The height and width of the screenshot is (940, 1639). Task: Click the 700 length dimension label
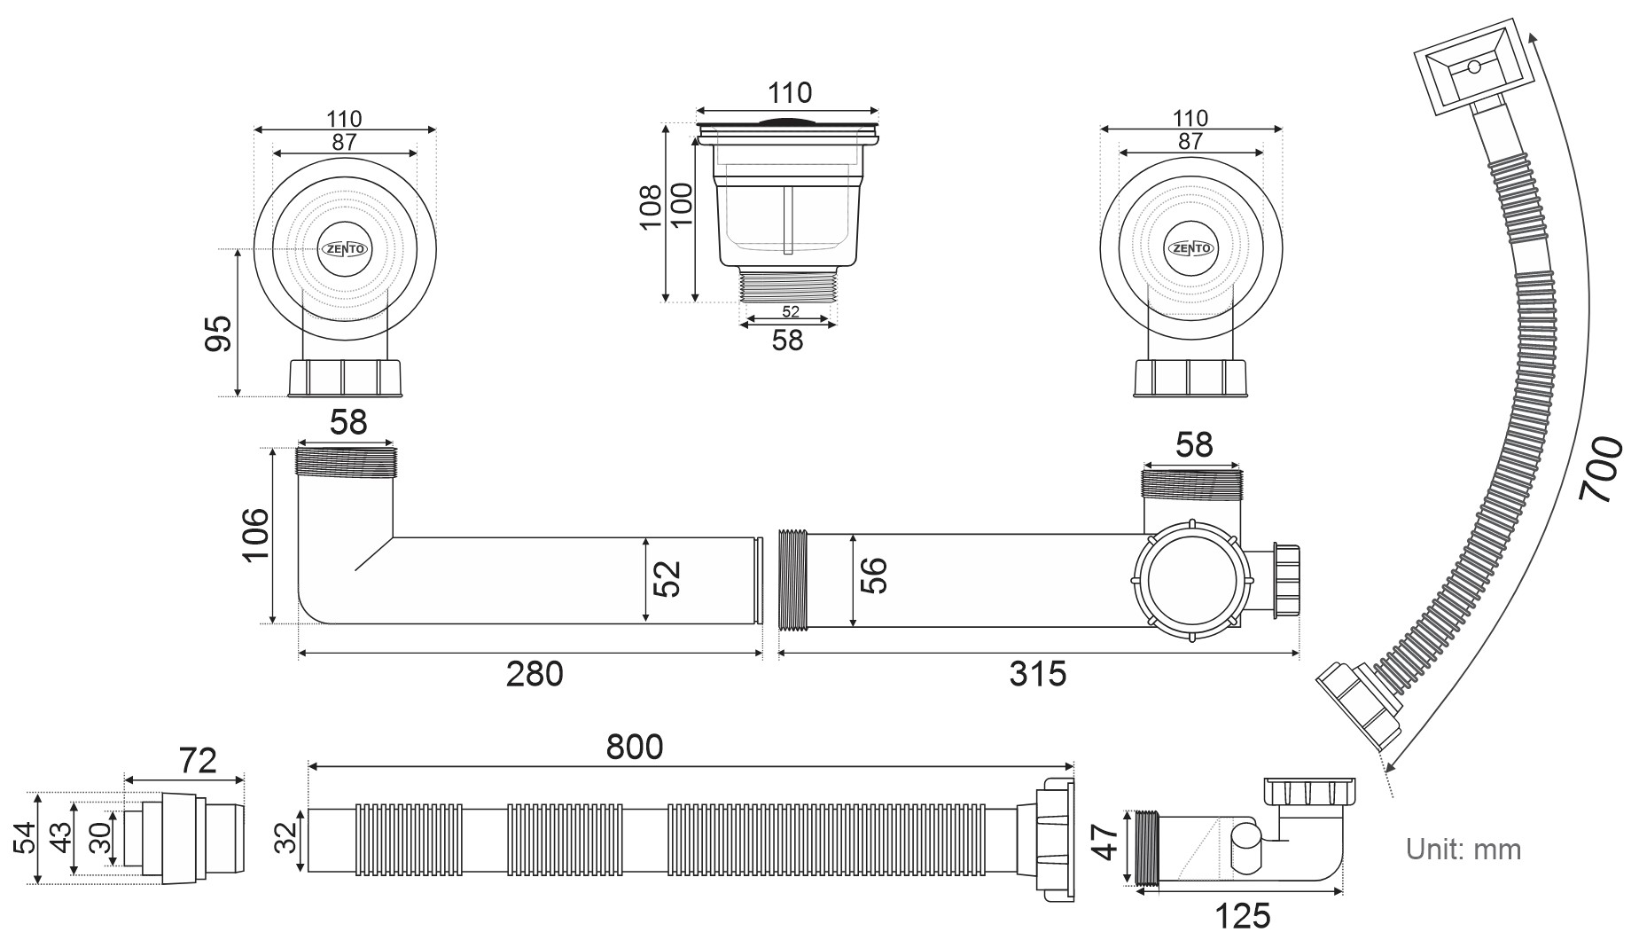tap(1601, 470)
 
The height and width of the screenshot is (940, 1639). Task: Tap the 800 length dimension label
tap(634, 747)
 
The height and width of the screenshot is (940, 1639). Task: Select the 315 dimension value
tap(1037, 674)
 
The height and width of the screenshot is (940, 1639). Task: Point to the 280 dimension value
tap(534, 674)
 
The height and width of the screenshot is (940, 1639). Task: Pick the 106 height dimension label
tap(256, 534)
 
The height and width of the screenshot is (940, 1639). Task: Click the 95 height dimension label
tap(218, 333)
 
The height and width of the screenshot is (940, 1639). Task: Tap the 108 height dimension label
tap(651, 207)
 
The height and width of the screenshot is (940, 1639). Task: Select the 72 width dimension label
tap(197, 761)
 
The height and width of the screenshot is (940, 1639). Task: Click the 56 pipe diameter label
tap(873, 576)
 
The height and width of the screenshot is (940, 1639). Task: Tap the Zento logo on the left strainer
tap(344, 249)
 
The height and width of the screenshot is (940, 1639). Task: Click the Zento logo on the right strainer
tap(1190, 248)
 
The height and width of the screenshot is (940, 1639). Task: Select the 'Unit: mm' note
tap(1463, 849)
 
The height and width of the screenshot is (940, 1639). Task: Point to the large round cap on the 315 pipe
tap(1190, 581)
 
